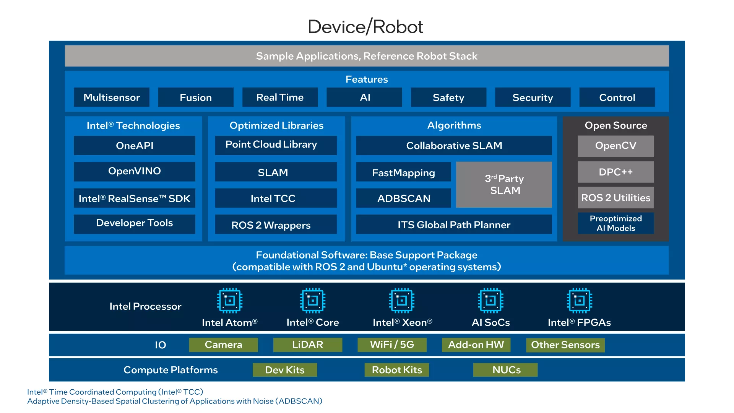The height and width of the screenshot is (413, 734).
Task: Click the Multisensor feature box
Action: pyautogui.click(x=112, y=97)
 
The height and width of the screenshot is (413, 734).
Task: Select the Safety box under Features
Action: pyautogui.click(x=448, y=97)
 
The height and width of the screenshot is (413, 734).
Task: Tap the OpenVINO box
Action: pyautogui.click(x=135, y=171)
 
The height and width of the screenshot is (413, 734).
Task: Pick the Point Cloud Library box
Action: pyautogui.click(x=276, y=145)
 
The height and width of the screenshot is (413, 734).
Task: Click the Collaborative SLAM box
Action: pyautogui.click(x=454, y=145)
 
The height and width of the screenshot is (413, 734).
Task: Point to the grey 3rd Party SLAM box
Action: pyautogui.click(x=504, y=185)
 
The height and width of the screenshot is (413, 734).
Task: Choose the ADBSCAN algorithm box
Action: pyautogui.click(x=404, y=198)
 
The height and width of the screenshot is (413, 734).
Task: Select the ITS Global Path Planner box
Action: pyautogui.click(x=454, y=224)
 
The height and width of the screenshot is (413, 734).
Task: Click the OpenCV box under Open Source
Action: pyautogui.click(x=616, y=146)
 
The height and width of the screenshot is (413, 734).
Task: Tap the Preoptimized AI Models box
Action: pyautogui.click(x=616, y=223)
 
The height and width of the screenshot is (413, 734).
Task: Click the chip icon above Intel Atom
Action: pyautogui.click(x=230, y=301)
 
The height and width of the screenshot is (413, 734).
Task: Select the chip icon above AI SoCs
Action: pyautogui.click(x=491, y=301)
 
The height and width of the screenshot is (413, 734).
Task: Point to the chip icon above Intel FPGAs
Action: pyautogui.click(x=580, y=301)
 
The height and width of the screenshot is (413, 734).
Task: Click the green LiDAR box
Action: pyautogui.click(x=308, y=345)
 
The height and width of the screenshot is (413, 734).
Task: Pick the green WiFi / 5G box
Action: pyautogui.click(x=392, y=345)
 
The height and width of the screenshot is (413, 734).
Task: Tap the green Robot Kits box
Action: pyautogui.click(x=397, y=370)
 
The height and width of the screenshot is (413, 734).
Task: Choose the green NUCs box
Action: pyautogui.click(x=505, y=370)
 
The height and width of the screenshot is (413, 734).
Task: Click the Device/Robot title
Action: pyautogui.click(x=365, y=27)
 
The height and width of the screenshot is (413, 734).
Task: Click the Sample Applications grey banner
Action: pyautogui.click(x=367, y=56)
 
